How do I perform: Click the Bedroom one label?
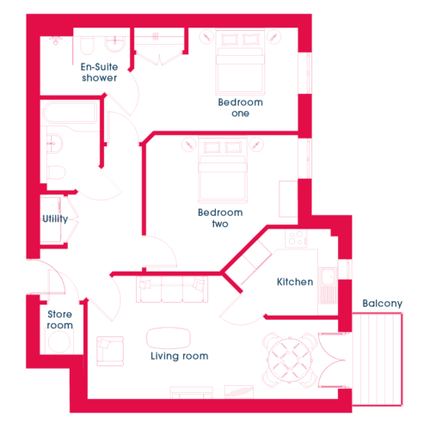(x=240, y=107)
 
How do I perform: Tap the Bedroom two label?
(x=220, y=218)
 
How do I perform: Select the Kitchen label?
(x=295, y=282)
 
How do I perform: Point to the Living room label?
(x=180, y=356)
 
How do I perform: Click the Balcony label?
(x=383, y=304)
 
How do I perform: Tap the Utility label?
(x=55, y=218)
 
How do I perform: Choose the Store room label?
(x=59, y=320)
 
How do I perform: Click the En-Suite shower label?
(x=99, y=72)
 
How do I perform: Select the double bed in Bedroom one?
(x=240, y=63)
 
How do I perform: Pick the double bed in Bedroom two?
(x=223, y=169)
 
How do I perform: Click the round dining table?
(x=290, y=359)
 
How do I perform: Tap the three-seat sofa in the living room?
(x=172, y=289)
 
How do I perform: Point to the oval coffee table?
(x=169, y=338)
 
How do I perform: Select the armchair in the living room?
(x=110, y=351)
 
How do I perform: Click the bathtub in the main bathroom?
(x=70, y=113)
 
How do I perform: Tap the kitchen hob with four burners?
(x=296, y=238)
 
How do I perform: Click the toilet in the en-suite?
(x=87, y=46)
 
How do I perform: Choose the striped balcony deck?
(x=378, y=359)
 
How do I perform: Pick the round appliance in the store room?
(x=59, y=341)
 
